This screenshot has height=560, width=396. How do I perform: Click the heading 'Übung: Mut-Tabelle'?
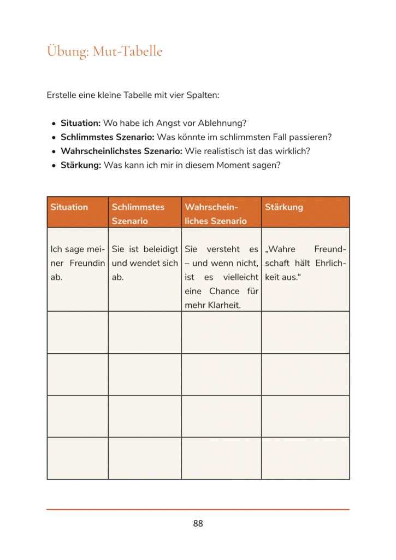coord(104,51)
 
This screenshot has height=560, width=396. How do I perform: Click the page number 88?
coord(198,523)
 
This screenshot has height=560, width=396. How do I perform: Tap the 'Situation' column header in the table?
coord(69,207)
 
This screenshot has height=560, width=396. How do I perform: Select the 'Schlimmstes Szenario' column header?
coord(138,214)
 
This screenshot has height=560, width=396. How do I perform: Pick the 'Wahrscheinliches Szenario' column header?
coord(216,214)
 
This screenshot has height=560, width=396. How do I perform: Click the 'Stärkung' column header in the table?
coord(284,207)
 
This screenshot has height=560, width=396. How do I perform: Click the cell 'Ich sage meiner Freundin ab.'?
coord(78,263)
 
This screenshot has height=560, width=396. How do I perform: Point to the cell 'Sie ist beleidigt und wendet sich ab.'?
coord(145,263)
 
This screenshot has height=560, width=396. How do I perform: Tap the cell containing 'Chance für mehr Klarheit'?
coord(221,277)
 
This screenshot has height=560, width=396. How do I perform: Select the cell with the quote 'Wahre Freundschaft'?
coord(305,263)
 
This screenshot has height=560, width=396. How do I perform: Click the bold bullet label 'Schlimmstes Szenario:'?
coord(108,137)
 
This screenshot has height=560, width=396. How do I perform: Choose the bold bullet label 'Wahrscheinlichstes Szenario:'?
coord(122,151)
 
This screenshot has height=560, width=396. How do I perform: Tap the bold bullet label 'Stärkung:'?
coord(81,165)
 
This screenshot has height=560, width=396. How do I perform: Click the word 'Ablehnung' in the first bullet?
coord(226,124)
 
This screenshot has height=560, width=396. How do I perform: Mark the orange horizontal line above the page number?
coord(198,510)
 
